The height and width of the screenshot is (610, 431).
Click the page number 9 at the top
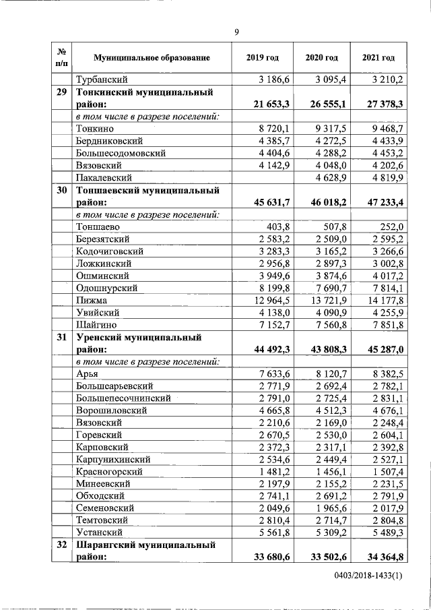pos(236,32)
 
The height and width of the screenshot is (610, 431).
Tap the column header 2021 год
pos(378,58)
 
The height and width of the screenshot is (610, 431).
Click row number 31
pos(61,338)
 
